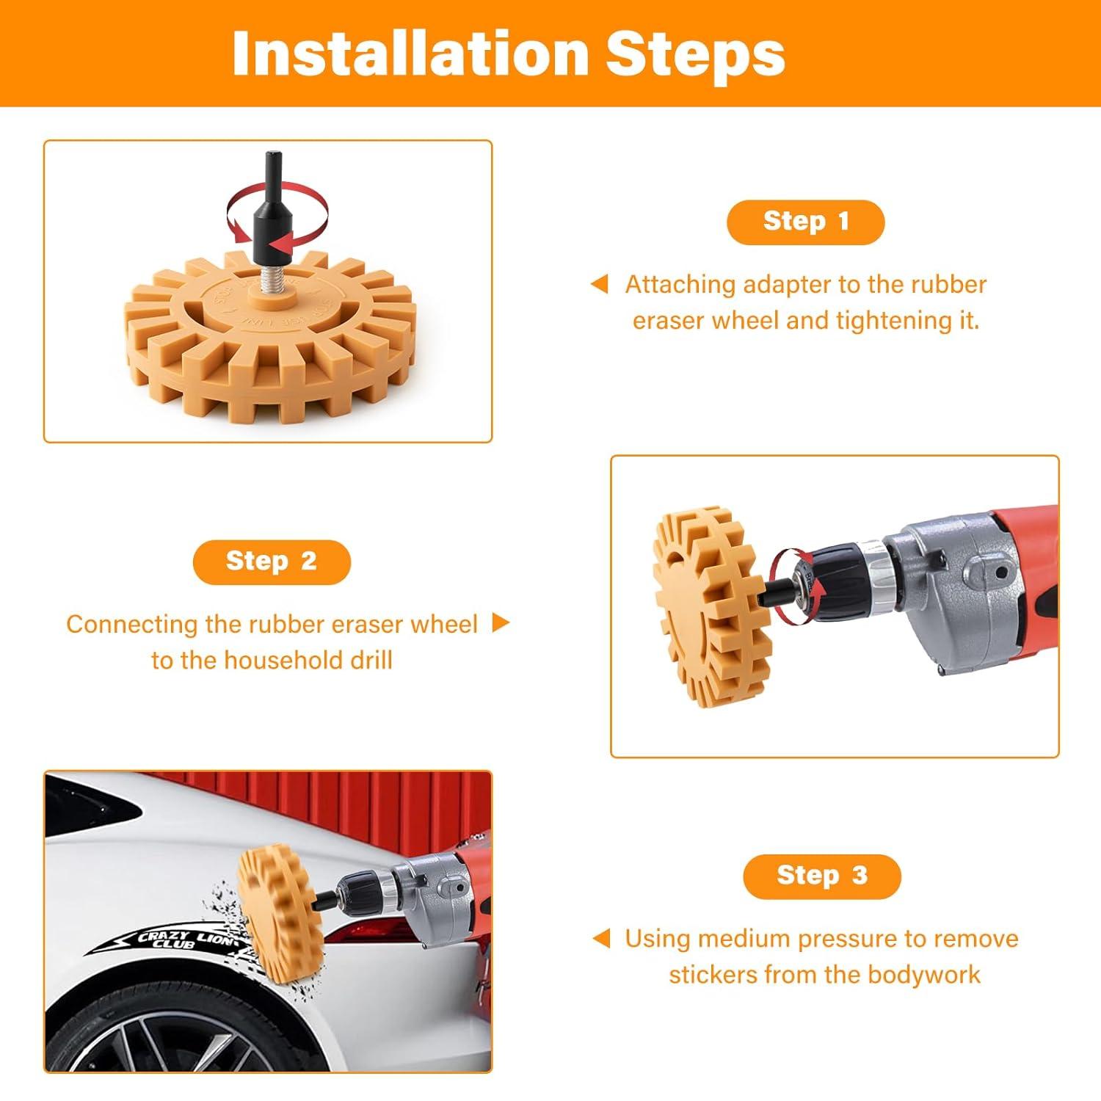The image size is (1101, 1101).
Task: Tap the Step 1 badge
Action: [x=805, y=222]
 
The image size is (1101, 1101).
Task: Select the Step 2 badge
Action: [x=272, y=562]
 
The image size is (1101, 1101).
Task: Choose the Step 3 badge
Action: [x=821, y=876]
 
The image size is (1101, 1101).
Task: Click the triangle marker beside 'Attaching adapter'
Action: [x=600, y=284]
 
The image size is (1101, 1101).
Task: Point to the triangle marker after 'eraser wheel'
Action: [x=501, y=623]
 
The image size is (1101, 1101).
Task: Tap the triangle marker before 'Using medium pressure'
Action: [x=601, y=938]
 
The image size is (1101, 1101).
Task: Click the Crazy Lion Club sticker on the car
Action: [x=176, y=940]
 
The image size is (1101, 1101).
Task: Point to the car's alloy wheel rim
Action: [x=169, y=1042]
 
